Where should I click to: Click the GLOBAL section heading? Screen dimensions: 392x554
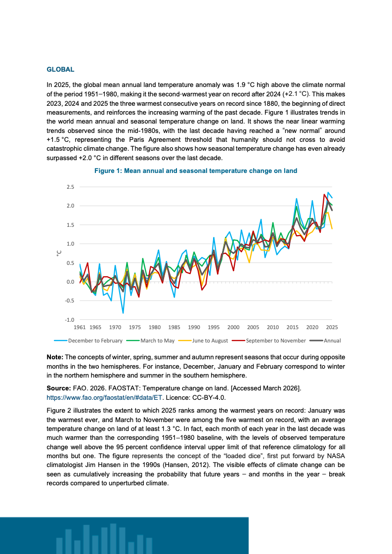coord(60,70)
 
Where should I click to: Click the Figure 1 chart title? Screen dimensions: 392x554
coord(196,171)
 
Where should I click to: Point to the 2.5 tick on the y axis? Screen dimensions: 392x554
coord(70,187)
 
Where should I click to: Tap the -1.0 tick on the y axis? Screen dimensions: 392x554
coord(69,320)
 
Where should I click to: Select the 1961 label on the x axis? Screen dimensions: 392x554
coord(80,328)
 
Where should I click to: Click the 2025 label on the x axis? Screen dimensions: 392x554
coord(332,328)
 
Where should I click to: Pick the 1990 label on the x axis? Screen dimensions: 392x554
coord(194,328)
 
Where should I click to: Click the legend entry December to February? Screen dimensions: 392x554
coord(88,341)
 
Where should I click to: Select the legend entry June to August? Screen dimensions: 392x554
coord(203,341)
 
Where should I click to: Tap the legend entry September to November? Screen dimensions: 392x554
coord(269,341)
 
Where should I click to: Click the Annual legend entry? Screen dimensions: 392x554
coord(325,341)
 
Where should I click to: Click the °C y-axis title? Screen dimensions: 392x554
coord(59,253)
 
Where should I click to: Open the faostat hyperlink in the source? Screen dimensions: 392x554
coord(104,397)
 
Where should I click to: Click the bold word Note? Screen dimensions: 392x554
coord(55,357)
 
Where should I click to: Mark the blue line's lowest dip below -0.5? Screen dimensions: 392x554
coord(123,313)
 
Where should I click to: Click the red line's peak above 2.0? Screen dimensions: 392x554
coord(324,194)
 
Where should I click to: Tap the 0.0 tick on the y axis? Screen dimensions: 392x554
coord(70,282)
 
